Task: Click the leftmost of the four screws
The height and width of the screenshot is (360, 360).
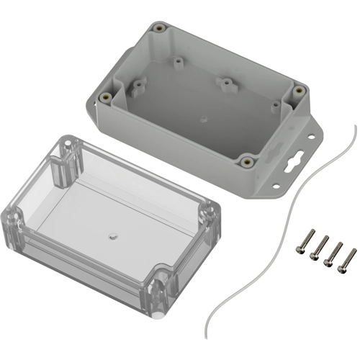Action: tap(304, 241)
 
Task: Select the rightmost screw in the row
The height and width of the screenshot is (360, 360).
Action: tap(347, 258)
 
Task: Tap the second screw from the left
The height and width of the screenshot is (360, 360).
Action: tap(318, 247)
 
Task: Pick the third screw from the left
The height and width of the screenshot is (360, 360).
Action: tap(333, 253)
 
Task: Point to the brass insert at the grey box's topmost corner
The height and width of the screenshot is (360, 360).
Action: tap(158, 29)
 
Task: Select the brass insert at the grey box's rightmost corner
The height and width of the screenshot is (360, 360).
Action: tap(298, 91)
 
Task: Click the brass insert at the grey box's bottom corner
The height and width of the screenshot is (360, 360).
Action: tap(248, 161)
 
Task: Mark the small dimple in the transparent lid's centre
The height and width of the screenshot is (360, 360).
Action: tap(111, 235)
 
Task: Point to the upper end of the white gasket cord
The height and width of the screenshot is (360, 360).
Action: tap(354, 127)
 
